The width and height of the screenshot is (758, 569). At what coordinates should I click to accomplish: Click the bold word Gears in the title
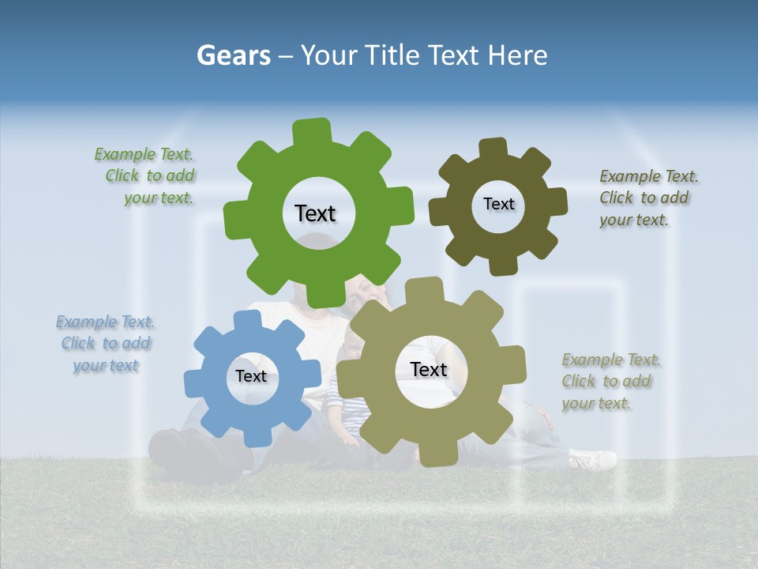click(x=233, y=55)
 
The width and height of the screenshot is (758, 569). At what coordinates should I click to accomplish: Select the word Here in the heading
click(x=517, y=55)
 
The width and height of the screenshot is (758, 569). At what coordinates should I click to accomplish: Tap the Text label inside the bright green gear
click(x=315, y=213)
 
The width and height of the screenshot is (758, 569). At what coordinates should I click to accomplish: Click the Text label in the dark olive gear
click(x=498, y=204)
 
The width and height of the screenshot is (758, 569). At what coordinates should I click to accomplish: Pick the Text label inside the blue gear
click(x=251, y=376)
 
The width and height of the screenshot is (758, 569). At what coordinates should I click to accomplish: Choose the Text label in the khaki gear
click(x=429, y=369)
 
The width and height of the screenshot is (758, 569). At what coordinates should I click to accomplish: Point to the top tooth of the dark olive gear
click(x=493, y=149)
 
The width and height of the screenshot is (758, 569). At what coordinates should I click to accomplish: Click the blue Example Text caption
click(x=106, y=343)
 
